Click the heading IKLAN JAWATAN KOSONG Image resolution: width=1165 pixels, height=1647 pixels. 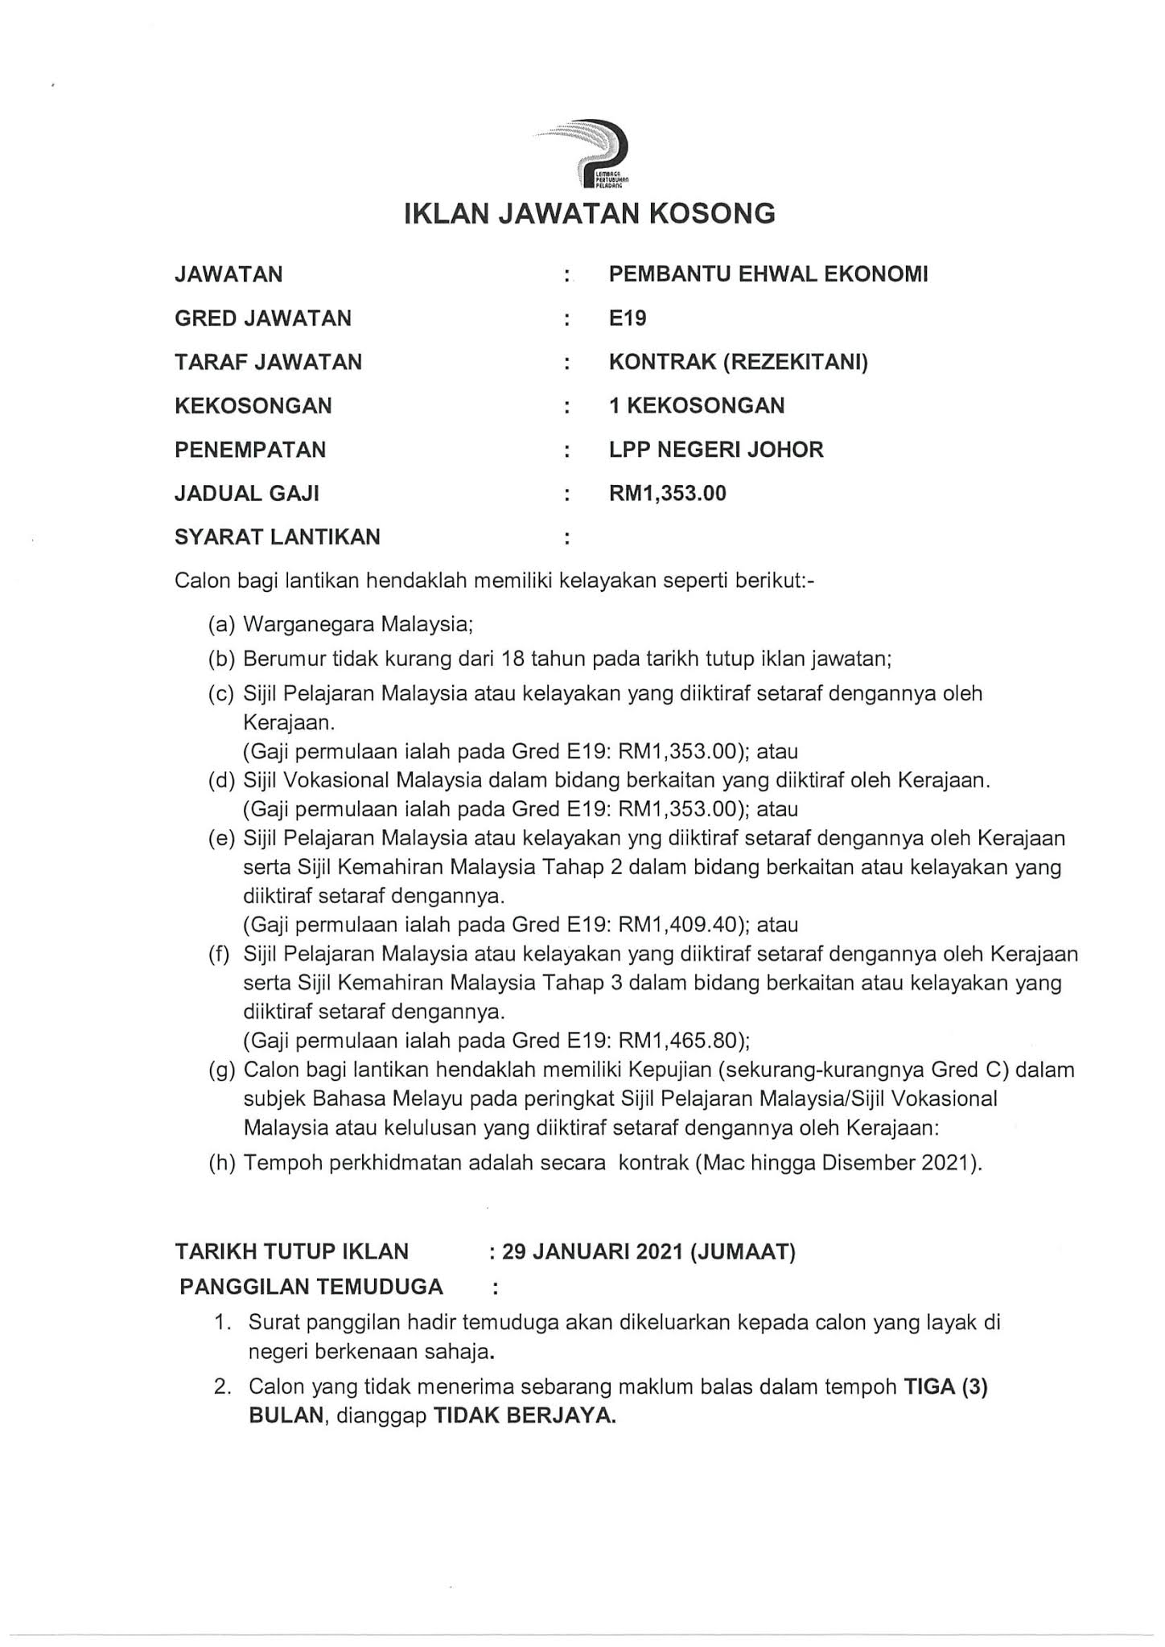coord(589,214)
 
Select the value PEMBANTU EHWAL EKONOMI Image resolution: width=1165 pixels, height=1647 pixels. coord(768,274)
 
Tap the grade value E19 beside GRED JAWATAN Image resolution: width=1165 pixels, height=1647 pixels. coord(628,318)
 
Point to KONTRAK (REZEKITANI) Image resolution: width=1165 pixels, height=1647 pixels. coord(739,362)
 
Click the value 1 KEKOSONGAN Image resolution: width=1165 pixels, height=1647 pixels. coord(697,405)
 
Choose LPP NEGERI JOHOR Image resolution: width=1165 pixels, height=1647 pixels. coord(716,449)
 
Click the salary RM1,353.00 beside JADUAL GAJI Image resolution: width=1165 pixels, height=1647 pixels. coord(668,493)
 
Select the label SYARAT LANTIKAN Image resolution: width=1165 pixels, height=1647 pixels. coord(278,536)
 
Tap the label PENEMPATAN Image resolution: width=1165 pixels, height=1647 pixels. coord(250,449)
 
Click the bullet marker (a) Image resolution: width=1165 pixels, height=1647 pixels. coord(222,623)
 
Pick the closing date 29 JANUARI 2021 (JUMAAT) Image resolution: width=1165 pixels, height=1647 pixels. coord(648,1252)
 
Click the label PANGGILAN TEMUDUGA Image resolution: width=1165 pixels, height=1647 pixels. coord(311,1287)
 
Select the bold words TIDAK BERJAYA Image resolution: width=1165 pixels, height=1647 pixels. coord(525,1416)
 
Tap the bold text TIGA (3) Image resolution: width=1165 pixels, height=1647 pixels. coord(946,1387)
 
